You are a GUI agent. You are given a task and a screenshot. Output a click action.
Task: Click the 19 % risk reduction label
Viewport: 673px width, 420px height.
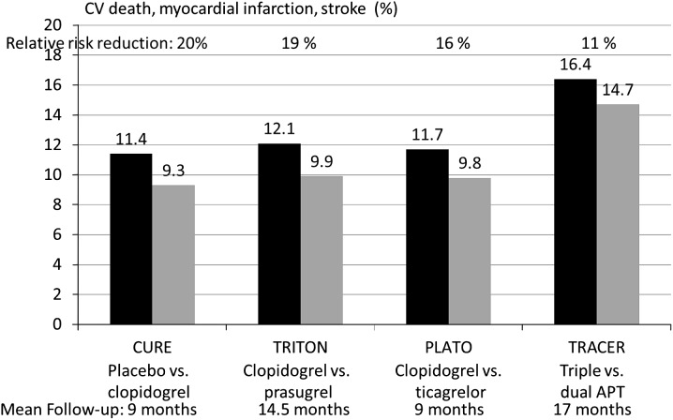[301, 43]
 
